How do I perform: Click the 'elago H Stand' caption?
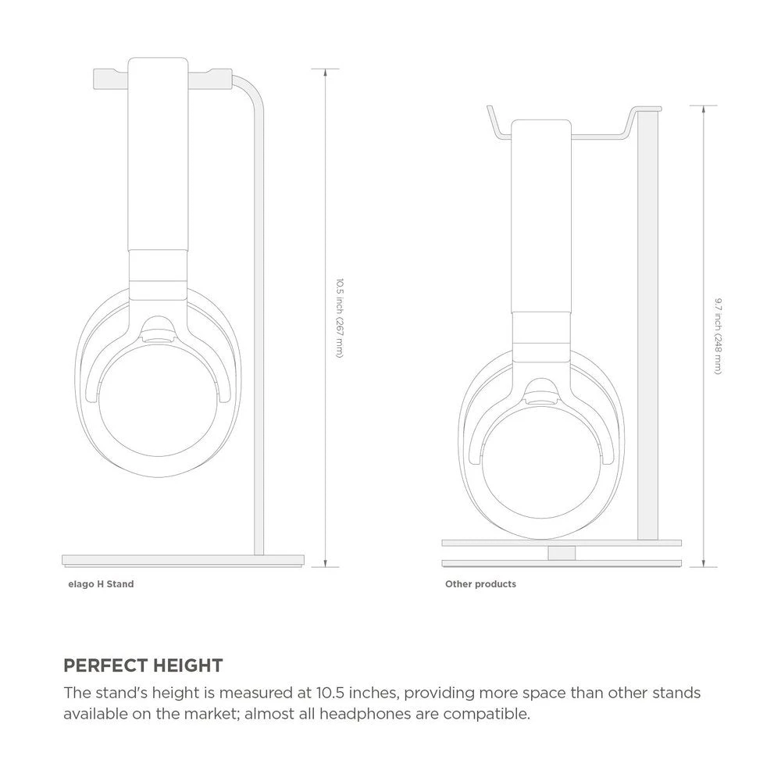[101, 583]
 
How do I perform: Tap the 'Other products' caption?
[480, 583]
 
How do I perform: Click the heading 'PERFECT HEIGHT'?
[143, 665]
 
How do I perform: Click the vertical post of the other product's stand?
[648, 328]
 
